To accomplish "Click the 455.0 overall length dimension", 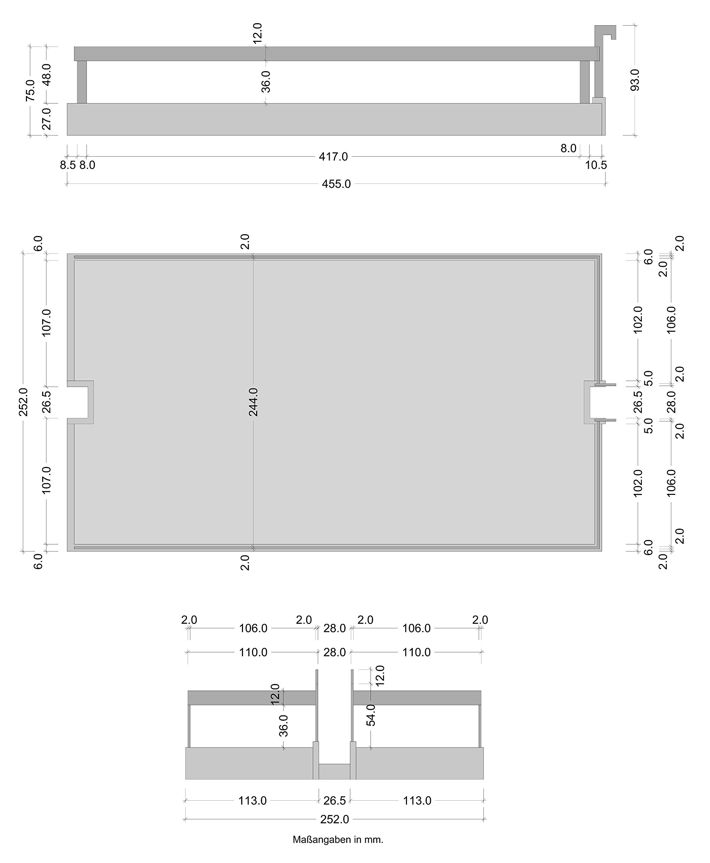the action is (336, 184).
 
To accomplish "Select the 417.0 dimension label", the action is (333, 156).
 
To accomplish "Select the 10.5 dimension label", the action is (596, 165).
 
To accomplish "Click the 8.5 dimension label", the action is (68, 165).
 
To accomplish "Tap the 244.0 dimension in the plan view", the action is (253, 402).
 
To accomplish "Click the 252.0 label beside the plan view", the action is (23, 402).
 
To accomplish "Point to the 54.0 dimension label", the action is (371, 715).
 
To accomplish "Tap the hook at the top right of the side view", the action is (605, 33).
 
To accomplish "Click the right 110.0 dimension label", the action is (416, 652).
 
